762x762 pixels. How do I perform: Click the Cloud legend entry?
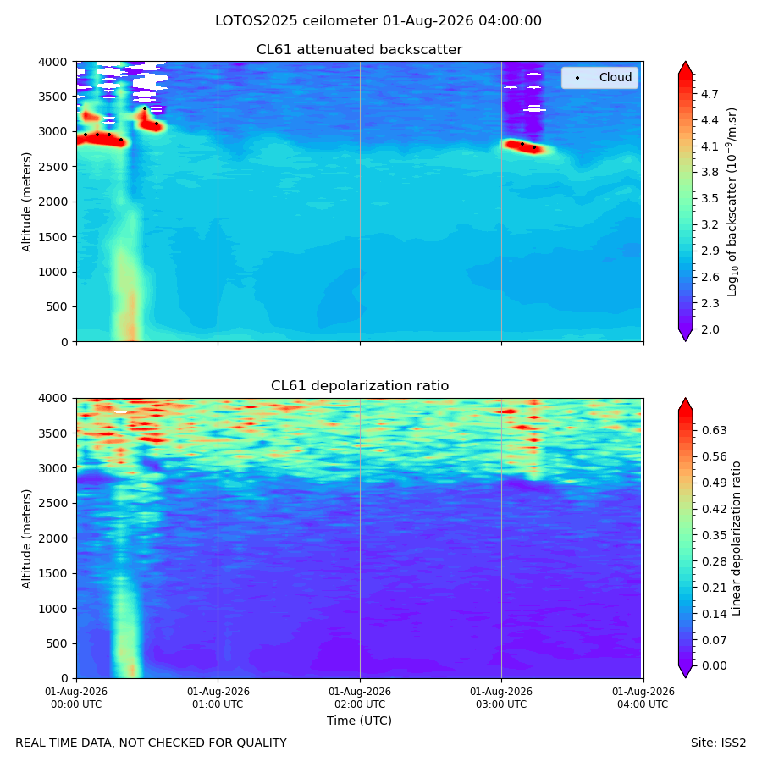(599, 77)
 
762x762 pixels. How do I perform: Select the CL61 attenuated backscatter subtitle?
(360, 50)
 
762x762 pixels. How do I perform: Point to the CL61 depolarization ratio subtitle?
(360, 386)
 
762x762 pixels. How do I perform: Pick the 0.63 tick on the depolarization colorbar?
(715, 431)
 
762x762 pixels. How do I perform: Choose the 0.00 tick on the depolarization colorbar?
(715, 665)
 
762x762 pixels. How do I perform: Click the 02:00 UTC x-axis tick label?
(360, 698)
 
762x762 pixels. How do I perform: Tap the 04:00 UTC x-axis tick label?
(643, 698)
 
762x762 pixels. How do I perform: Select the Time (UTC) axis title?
(359, 721)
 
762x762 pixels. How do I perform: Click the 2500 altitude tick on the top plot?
(52, 167)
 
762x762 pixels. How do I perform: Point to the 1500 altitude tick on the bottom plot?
(52, 573)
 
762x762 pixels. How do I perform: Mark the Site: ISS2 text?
(718, 743)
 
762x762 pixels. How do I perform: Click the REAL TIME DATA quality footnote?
(152, 743)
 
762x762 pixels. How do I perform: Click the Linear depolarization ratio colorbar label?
(737, 538)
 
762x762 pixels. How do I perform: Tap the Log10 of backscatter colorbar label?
(732, 202)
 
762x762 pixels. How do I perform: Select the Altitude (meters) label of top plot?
(26, 202)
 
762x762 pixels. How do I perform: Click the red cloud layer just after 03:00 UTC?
(527, 146)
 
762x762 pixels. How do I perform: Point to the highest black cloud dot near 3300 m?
(144, 108)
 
